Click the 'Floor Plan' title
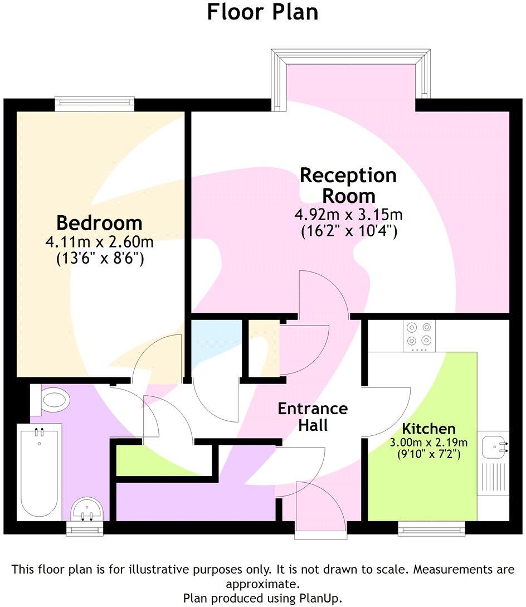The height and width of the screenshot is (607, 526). [x=262, y=12]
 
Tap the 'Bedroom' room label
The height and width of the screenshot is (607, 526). [x=99, y=223]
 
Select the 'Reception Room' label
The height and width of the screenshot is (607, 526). [x=348, y=186]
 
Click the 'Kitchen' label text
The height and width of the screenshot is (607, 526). [x=429, y=429]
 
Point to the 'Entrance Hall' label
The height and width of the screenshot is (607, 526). [x=313, y=416]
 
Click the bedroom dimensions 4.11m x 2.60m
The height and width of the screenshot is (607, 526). [x=99, y=242]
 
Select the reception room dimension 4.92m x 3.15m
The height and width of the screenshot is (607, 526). [x=349, y=215]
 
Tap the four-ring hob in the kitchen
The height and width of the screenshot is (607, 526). [x=419, y=336]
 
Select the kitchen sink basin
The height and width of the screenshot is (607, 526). [x=494, y=446]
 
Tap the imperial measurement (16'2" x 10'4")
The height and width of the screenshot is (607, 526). [x=349, y=231]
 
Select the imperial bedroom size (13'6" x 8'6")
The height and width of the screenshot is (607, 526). [x=99, y=258]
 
